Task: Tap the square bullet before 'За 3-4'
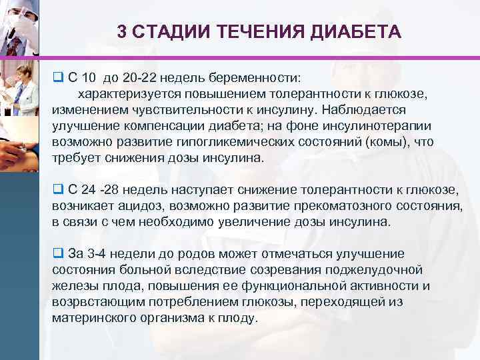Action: coord(57,254)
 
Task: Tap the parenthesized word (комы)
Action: coord(392,141)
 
